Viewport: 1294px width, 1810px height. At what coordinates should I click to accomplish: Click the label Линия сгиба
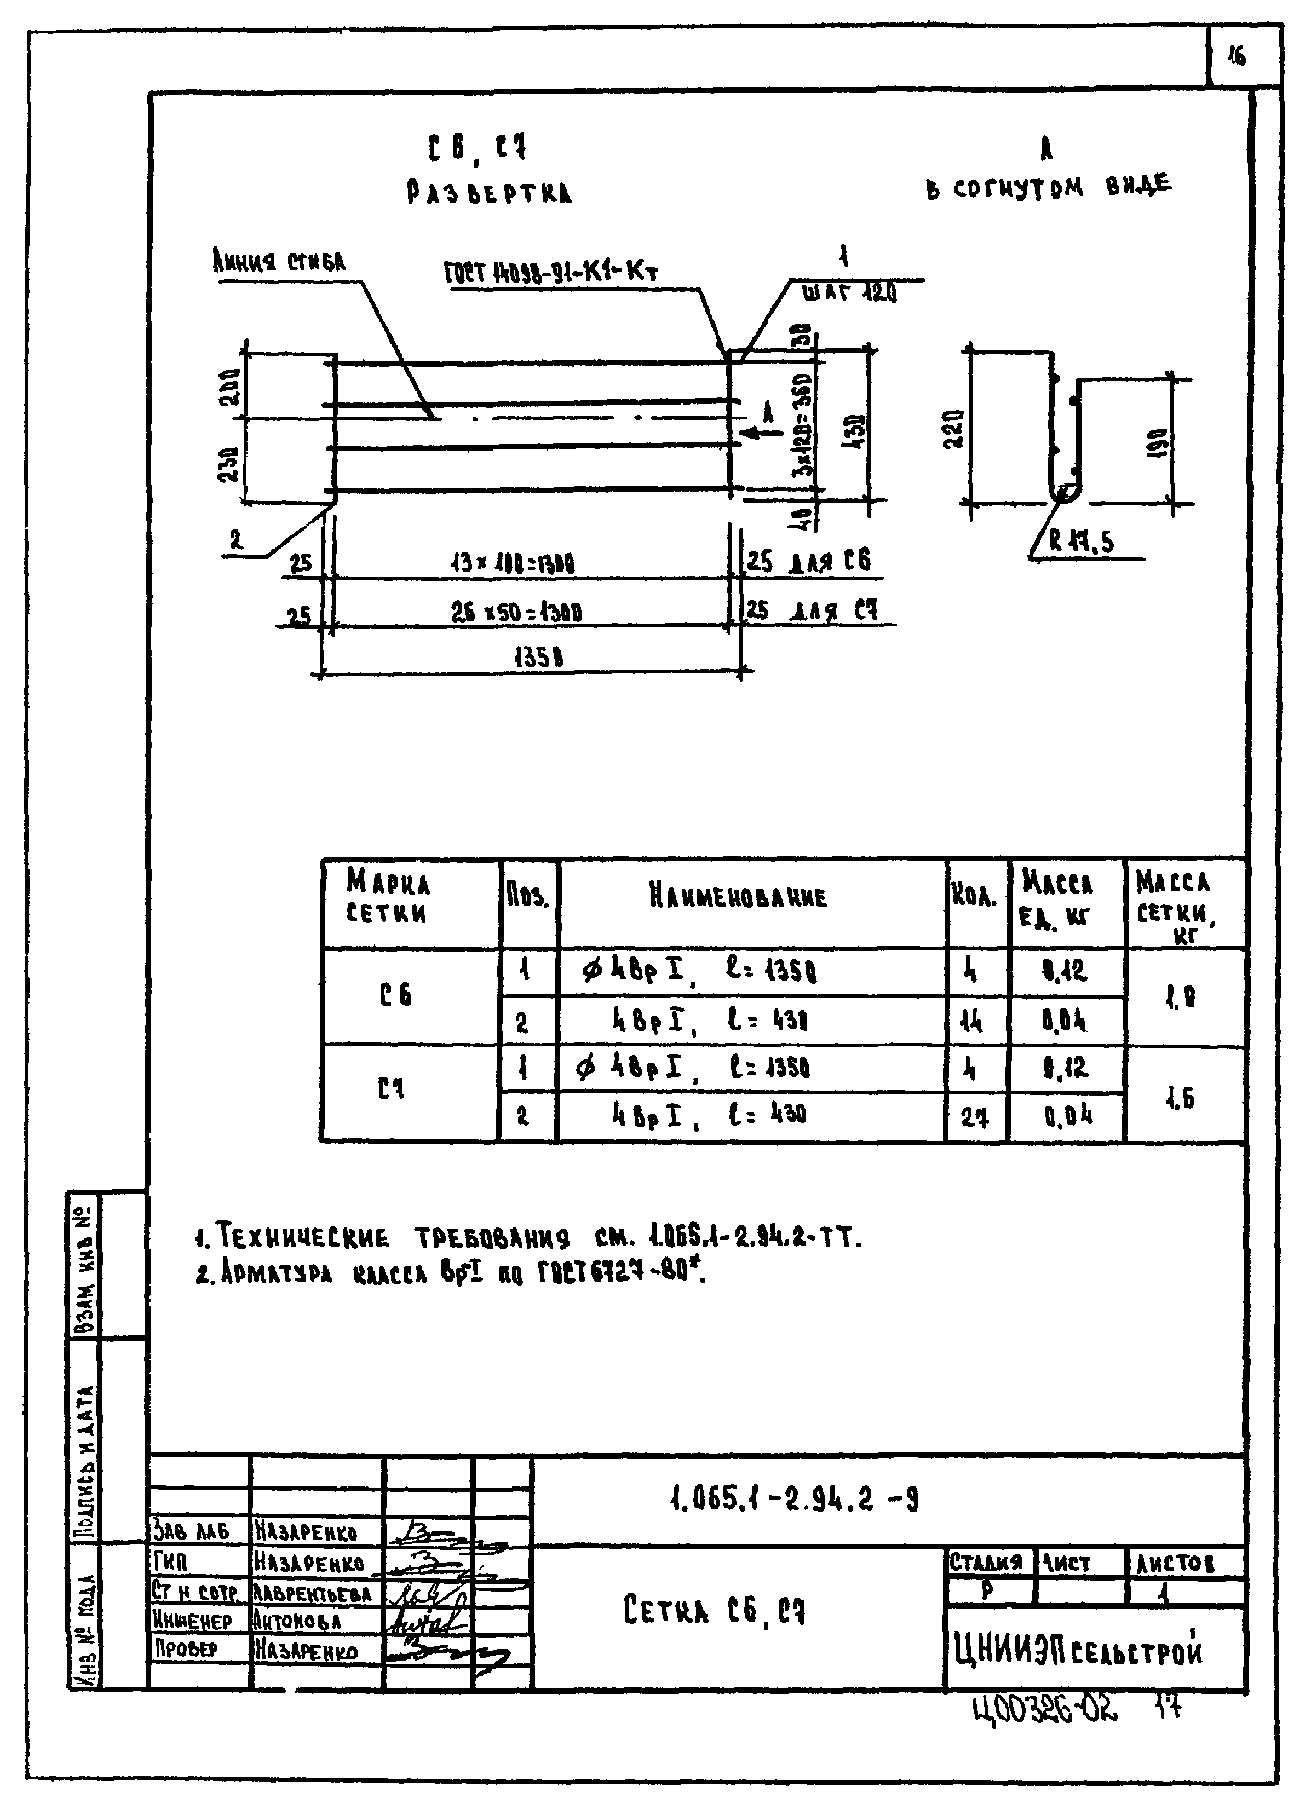(x=279, y=261)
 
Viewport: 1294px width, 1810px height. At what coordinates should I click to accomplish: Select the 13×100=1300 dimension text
(x=513, y=564)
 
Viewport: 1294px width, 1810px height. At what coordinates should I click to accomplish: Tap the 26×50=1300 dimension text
(x=516, y=612)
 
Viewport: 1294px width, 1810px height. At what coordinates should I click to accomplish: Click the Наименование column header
(x=738, y=897)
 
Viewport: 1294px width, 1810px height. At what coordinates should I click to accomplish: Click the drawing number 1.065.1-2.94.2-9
(x=795, y=1500)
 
